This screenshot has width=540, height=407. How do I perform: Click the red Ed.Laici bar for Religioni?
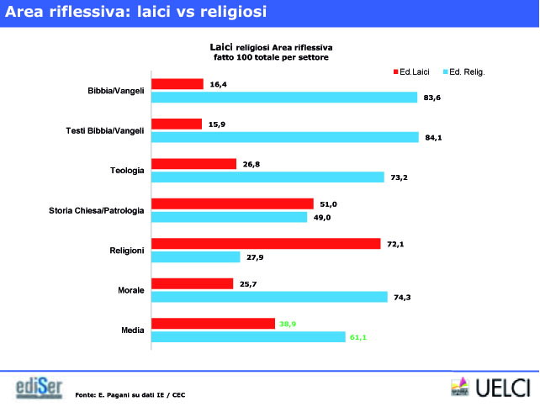pos(266,244)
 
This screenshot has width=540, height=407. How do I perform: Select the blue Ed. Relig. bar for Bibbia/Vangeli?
pos(284,98)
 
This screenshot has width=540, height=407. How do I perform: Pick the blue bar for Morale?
pos(269,297)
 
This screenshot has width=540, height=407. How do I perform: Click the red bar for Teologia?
pos(193,164)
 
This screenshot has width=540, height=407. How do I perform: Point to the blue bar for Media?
pos(248,337)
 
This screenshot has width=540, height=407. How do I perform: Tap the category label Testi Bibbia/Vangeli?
pos(105,130)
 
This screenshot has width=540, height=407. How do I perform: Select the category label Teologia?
pos(128,171)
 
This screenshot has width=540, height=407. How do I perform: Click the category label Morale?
pos(131,291)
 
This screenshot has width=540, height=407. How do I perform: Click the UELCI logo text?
pos(502,388)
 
